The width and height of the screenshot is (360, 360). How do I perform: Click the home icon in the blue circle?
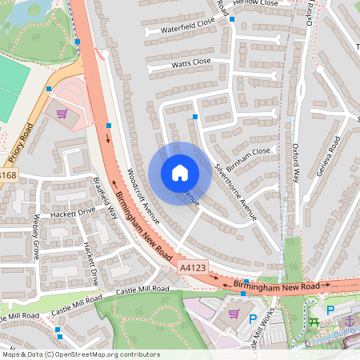point(180,173)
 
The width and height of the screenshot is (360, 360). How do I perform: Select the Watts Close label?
point(191,62)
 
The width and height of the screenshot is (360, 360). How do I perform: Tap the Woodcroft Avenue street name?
point(144,196)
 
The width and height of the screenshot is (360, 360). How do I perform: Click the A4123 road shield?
point(193,268)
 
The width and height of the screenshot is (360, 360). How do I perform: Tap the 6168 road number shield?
point(7,175)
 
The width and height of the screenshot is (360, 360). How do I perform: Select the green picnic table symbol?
point(314,322)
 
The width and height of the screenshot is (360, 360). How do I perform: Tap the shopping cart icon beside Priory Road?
point(62,114)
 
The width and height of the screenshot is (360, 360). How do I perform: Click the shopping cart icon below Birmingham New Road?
point(234,313)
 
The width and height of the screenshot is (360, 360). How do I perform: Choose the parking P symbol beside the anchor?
point(330,310)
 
